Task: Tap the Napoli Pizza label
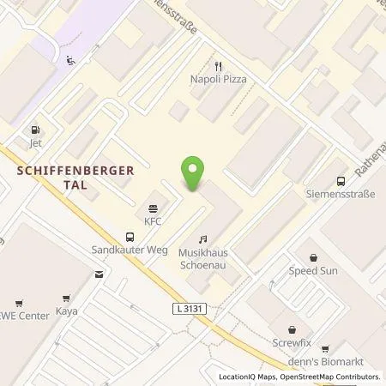(x=218, y=79)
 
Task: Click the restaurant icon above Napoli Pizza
(x=218, y=65)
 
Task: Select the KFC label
(x=153, y=220)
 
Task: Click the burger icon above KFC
(x=153, y=208)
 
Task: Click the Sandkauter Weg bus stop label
(x=130, y=250)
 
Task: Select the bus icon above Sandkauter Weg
(x=130, y=237)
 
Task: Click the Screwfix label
(x=293, y=340)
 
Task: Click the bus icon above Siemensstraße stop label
(x=341, y=181)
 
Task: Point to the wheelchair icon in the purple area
(x=70, y=60)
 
